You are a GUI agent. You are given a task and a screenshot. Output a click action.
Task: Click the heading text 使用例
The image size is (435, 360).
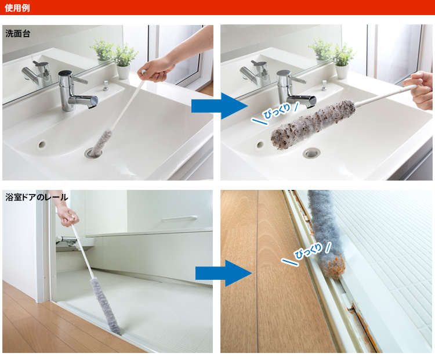[17, 8]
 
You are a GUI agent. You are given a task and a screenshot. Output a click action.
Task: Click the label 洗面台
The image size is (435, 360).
[18, 34]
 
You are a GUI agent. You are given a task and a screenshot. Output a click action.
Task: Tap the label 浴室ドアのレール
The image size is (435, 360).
[37, 197]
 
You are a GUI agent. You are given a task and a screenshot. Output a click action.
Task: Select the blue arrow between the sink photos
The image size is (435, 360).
[219, 106]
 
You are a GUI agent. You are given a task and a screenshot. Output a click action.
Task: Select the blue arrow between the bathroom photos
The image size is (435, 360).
[224, 273]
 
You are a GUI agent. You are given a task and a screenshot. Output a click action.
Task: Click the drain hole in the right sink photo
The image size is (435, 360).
[311, 153]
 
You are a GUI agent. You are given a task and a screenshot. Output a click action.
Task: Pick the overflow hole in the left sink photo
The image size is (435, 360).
[42, 144]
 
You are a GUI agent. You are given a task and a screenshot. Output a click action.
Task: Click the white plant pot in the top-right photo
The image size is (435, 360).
[342, 71]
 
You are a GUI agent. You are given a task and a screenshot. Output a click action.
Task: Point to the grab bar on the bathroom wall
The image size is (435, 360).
[179, 218]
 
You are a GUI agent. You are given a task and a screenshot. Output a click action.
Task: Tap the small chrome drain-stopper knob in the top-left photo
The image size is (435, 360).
[106, 85]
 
